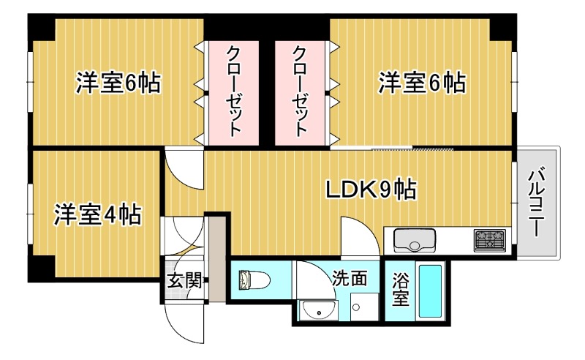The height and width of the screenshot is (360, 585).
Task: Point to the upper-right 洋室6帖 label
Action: (x=421, y=83)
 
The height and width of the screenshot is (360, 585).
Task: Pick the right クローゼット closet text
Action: (x=300, y=91)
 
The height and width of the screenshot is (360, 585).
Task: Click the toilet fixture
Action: (x=253, y=280)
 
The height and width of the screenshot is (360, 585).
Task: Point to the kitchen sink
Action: (x=415, y=239)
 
